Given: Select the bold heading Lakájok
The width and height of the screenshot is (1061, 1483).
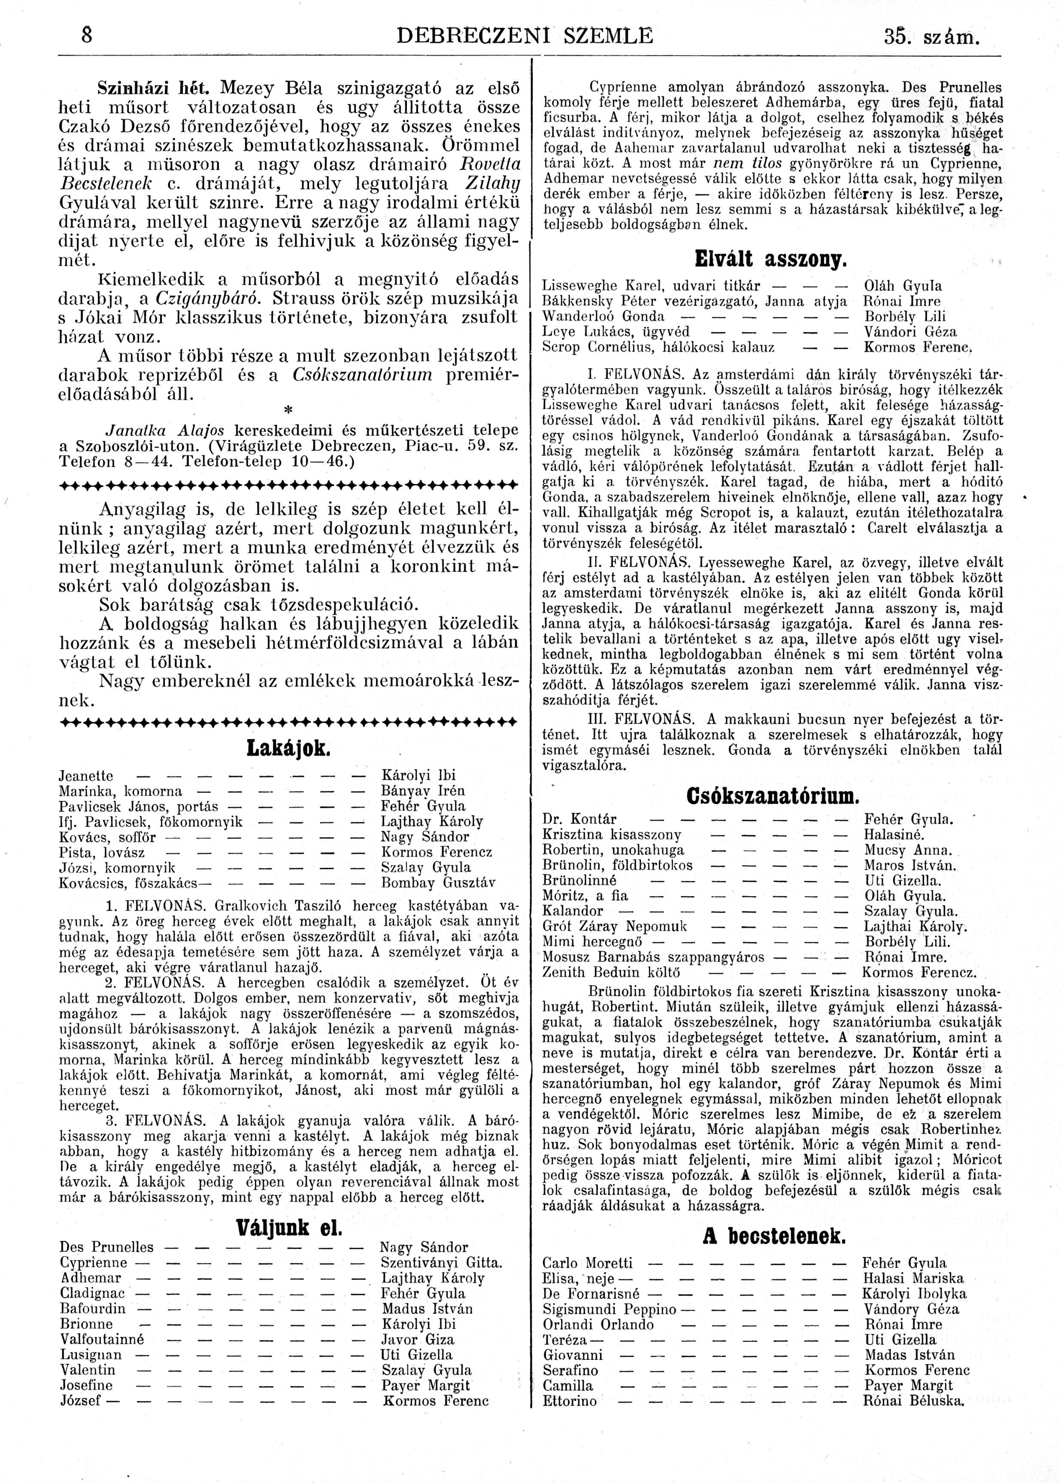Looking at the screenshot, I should click(288, 749).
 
